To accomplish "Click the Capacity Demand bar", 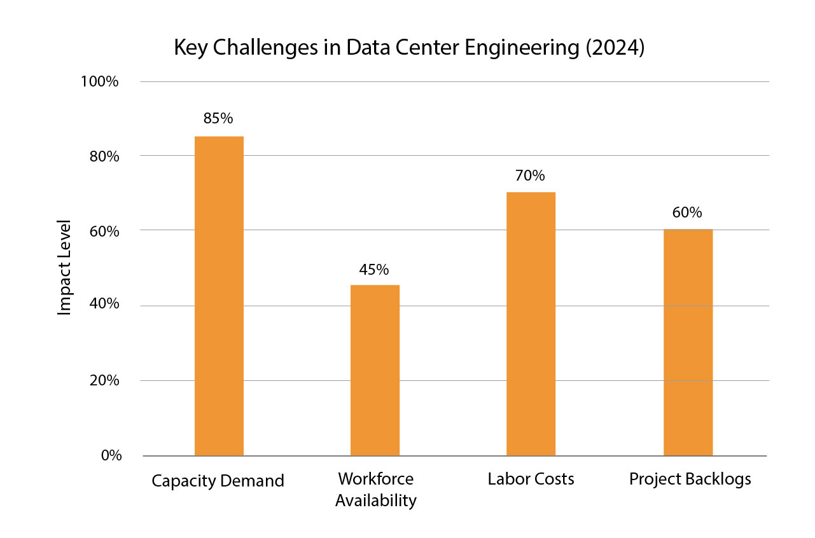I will pos(219,296).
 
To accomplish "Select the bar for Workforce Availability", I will pos(375,370).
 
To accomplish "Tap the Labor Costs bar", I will pos(531,324).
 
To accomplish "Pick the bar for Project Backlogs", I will pos(688,342).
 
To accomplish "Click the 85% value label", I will pos(218,118).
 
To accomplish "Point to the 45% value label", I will pos(374,270).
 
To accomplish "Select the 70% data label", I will pos(530,176).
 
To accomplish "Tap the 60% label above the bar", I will pos(687,212).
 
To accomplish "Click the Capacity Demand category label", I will pos(218,481).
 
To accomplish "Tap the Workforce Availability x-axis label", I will pos(375,490).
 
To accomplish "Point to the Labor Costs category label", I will pos(531,479).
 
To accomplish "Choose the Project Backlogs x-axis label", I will pos(690,479).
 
